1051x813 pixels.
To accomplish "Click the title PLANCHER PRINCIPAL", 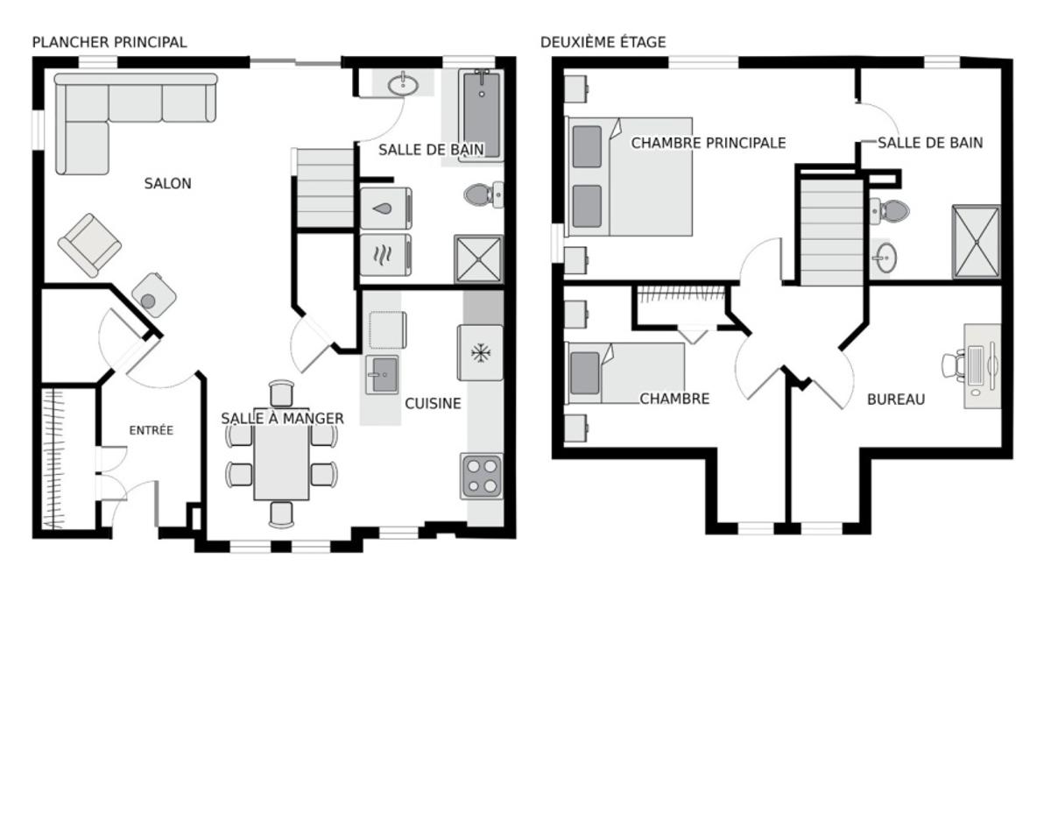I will (x=109, y=42).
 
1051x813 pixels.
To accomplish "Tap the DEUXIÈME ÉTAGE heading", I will (x=603, y=42).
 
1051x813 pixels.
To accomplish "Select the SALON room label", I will (x=167, y=184).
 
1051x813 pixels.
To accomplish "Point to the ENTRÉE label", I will (x=151, y=430).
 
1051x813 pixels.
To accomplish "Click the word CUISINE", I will (x=433, y=404).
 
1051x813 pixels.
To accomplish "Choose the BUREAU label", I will (x=895, y=399).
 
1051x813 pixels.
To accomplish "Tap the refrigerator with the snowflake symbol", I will (x=480, y=353).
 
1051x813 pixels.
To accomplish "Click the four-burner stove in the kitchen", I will (x=482, y=477).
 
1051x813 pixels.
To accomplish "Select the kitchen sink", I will (x=382, y=376).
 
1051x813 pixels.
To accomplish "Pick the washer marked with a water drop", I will (x=385, y=209).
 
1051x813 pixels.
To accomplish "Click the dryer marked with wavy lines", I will (x=385, y=255).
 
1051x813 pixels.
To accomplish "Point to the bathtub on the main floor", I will (x=481, y=114).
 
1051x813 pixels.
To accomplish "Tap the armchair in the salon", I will (x=89, y=244).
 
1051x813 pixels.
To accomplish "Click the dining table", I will (x=281, y=461).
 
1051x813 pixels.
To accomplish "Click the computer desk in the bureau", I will (x=982, y=365).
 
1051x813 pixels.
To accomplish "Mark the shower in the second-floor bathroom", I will (x=976, y=242).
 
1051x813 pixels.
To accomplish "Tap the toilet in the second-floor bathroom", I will (x=890, y=210).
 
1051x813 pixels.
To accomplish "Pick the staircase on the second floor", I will (x=832, y=230).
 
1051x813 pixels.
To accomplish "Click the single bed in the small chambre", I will (x=626, y=373).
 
